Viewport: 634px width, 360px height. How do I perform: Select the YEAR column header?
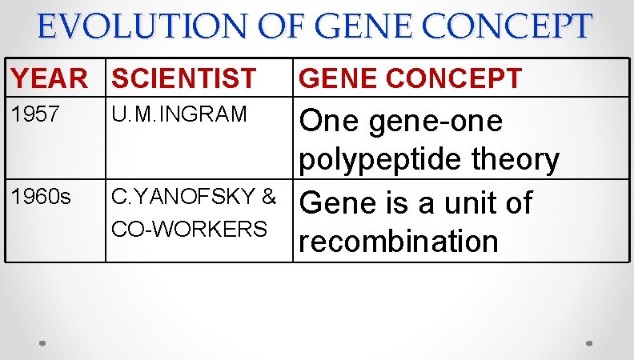49,78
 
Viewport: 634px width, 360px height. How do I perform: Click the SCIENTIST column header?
183,78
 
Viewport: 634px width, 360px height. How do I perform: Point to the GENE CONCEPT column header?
410,78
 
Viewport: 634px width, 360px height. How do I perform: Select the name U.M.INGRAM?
180,114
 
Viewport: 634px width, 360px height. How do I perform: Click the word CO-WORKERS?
190,229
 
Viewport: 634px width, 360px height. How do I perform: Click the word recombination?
398,241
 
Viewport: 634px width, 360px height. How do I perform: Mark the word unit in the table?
465,203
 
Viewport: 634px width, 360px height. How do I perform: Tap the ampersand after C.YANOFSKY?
268,197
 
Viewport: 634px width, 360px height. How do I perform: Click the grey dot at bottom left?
43,342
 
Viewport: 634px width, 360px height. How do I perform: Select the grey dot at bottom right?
588,342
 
